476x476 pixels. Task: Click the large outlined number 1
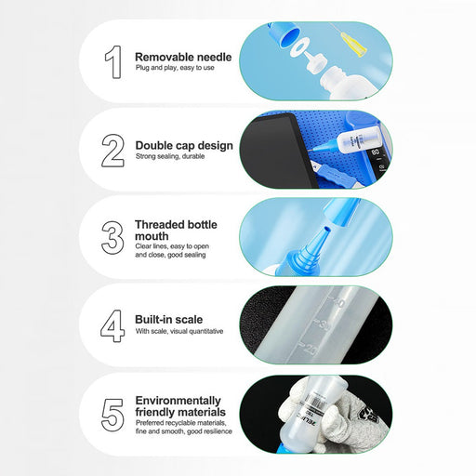112,61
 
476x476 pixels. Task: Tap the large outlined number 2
112,150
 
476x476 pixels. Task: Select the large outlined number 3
112,238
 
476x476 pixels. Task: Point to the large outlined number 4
112,326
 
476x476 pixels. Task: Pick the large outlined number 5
112,415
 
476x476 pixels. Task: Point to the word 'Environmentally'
178,400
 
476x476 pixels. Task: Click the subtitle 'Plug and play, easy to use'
175,69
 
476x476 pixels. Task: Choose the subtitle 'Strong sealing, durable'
170,157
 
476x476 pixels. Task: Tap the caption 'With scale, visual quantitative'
179,331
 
